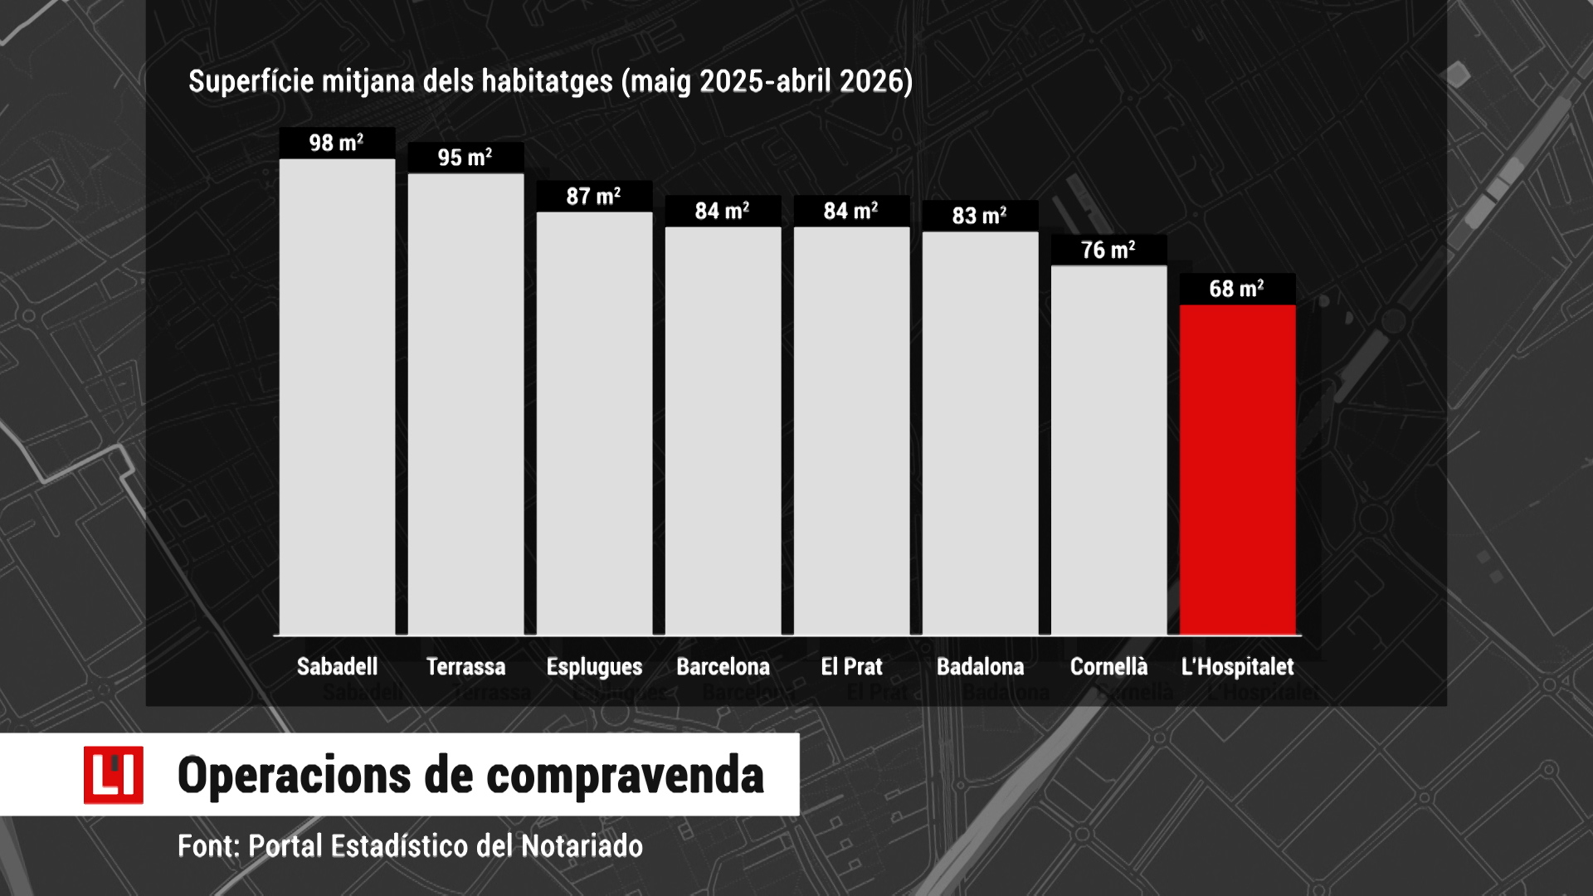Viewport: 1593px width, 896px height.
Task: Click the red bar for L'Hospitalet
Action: click(1237, 470)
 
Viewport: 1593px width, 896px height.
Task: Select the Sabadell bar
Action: click(337, 397)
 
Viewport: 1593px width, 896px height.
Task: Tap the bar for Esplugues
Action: click(594, 423)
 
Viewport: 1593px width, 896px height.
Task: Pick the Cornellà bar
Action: click(1108, 450)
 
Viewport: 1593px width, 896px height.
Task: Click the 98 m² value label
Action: click(336, 143)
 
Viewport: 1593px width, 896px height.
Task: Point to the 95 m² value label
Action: click(465, 158)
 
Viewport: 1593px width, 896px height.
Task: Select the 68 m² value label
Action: click(1236, 289)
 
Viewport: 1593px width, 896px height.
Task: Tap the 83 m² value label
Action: click(979, 216)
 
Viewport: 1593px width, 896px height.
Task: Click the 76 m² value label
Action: click(1108, 250)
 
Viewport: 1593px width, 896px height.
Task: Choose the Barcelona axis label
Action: click(723, 666)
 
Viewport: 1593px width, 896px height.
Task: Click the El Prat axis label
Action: click(851, 666)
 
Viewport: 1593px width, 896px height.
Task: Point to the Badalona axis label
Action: click(980, 666)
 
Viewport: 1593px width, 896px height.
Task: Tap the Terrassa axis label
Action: click(465, 666)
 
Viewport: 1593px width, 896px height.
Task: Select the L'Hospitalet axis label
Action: click(1237, 666)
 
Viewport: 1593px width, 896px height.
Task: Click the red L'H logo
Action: click(113, 775)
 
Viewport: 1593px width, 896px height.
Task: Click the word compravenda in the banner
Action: click(625, 777)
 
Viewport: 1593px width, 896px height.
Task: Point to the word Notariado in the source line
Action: click(582, 846)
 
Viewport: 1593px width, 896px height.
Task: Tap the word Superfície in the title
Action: click(251, 81)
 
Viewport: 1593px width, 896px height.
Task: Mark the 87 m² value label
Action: click(593, 197)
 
